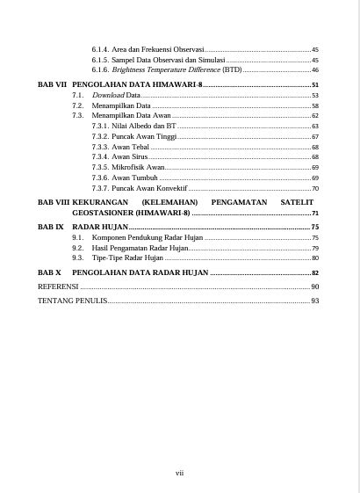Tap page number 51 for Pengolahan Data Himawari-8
(x=314, y=83)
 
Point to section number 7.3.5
(x=99, y=167)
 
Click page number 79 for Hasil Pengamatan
(x=314, y=248)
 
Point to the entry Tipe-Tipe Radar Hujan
(x=127, y=258)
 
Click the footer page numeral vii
(x=179, y=473)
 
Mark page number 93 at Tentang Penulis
(x=314, y=301)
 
